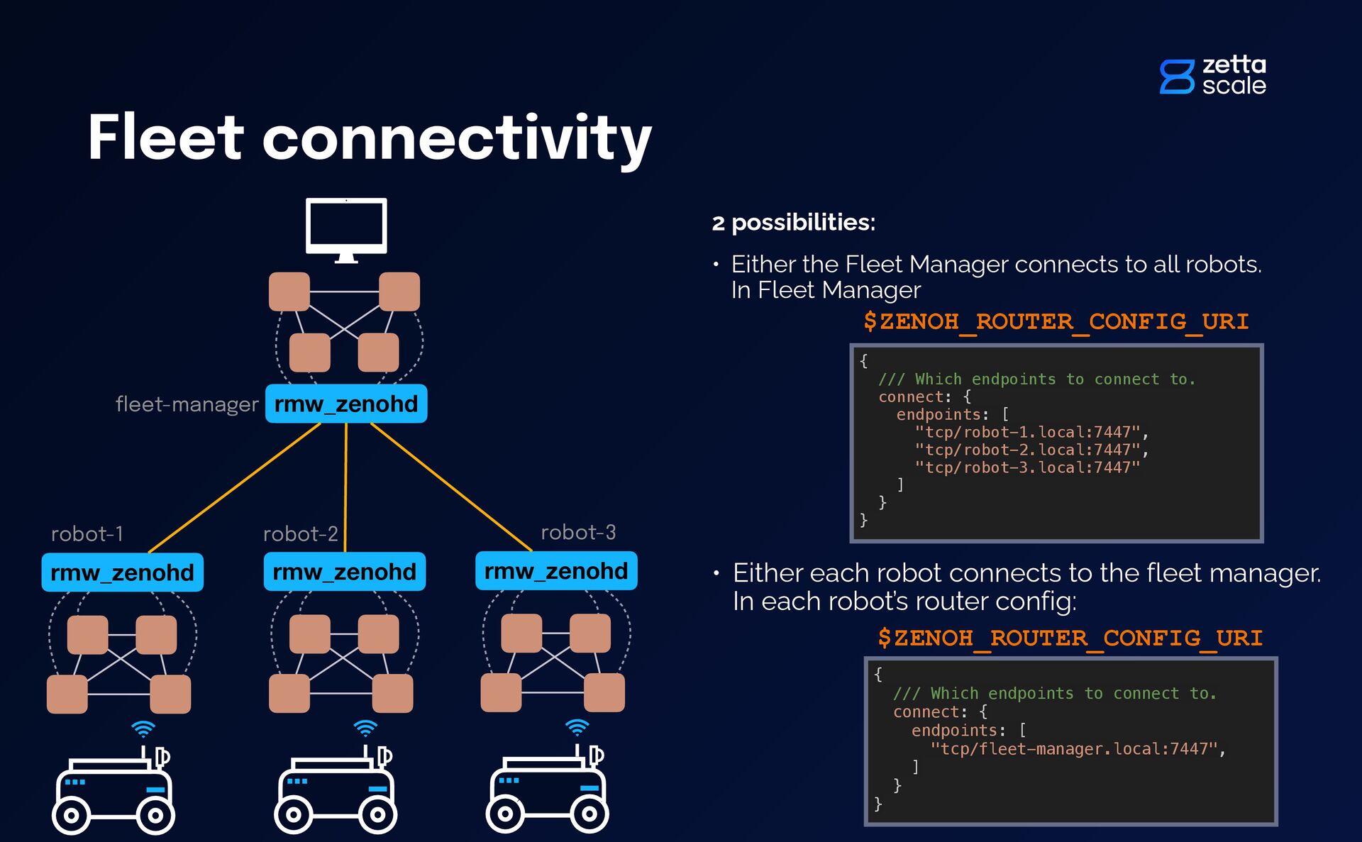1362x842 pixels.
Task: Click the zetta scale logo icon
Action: pyautogui.click(x=1178, y=77)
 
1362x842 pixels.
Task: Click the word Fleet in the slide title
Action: pyautogui.click(x=166, y=137)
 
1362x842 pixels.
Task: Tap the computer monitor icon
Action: pyautogui.click(x=346, y=230)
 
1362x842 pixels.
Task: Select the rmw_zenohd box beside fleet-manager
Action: pyautogui.click(x=346, y=404)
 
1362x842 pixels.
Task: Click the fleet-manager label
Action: pyautogui.click(x=187, y=404)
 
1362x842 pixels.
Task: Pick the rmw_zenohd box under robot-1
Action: pyautogui.click(x=123, y=572)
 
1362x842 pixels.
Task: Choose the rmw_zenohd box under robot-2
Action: pyautogui.click(x=345, y=572)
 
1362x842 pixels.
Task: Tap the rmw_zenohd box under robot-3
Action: pyautogui.click(x=556, y=571)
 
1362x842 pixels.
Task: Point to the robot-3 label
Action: pyautogui.click(x=578, y=532)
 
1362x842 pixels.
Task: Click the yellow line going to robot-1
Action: pyautogui.click(x=235, y=488)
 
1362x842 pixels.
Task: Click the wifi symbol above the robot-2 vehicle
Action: pyautogui.click(x=365, y=729)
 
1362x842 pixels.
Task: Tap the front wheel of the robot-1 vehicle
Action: pyautogui.click(x=71, y=816)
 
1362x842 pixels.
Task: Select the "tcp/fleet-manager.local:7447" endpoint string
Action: pyautogui.click(x=1078, y=749)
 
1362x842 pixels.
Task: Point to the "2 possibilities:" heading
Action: pyautogui.click(x=794, y=223)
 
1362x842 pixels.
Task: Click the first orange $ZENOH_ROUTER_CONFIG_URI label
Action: pyautogui.click(x=1056, y=322)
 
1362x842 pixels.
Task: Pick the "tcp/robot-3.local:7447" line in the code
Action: pyautogui.click(x=1027, y=467)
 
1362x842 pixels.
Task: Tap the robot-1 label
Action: pyautogui.click(x=87, y=533)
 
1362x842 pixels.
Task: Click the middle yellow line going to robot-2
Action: pyautogui.click(x=345, y=488)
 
